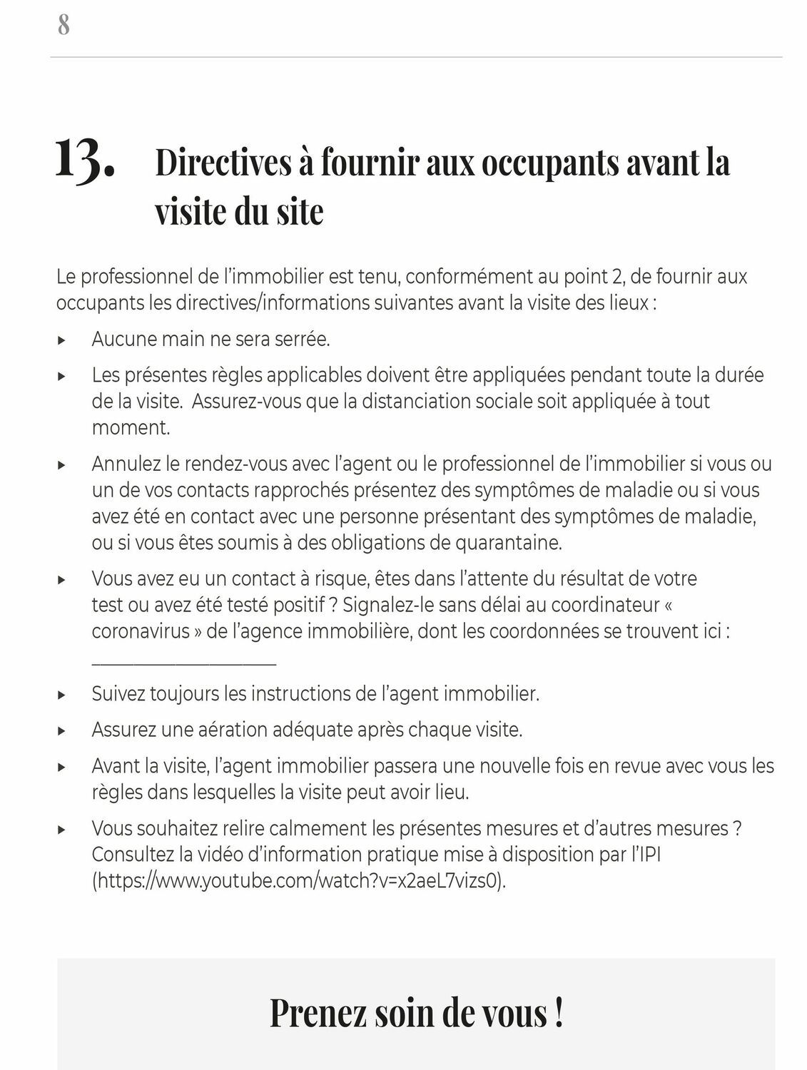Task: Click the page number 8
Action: point(64,26)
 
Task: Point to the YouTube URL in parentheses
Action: point(299,881)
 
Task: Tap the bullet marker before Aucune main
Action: point(62,340)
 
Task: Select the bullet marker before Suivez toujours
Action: point(62,695)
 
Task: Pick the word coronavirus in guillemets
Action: point(141,632)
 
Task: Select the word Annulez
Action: point(126,464)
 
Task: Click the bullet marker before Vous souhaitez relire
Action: point(62,830)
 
